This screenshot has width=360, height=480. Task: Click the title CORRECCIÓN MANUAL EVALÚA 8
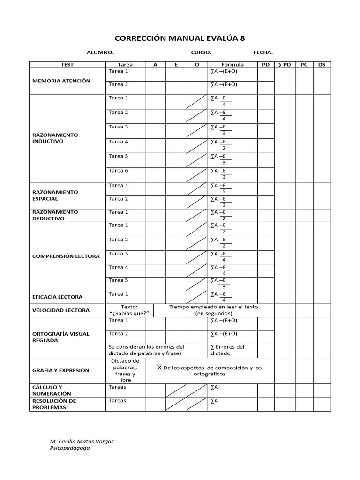(180, 38)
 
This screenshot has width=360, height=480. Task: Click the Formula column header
(232, 65)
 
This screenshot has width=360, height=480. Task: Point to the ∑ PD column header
(284, 65)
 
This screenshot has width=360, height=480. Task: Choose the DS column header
(322, 65)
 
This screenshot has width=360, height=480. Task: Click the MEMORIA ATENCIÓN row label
(61, 81)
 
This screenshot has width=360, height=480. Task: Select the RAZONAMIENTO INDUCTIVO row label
(55, 138)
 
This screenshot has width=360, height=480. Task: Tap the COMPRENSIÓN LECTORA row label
(66, 256)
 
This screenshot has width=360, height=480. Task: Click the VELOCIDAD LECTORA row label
(60, 310)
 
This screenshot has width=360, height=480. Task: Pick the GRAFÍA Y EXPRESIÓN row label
(60, 370)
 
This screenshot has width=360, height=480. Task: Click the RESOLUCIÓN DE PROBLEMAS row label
(54, 404)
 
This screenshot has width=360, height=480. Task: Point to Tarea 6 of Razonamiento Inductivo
(118, 171)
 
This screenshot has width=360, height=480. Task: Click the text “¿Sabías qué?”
(126, 313)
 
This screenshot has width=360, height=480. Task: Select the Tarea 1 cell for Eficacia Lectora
(118, 294)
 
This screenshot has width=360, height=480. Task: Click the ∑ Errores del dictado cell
(227, 350)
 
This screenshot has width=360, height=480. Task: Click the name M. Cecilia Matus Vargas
(82, 442)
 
